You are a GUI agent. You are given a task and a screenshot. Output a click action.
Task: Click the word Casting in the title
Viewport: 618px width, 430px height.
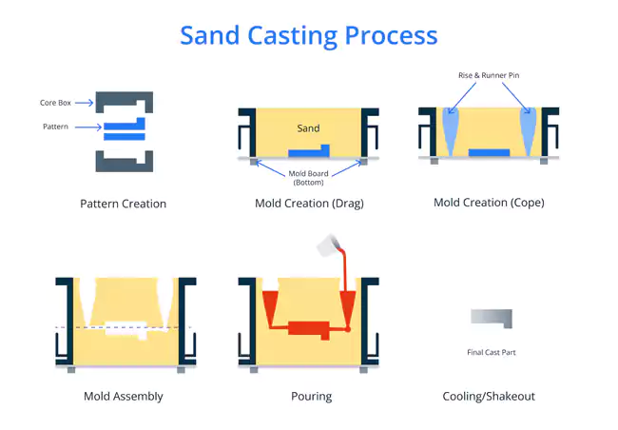click(x=293, y=36)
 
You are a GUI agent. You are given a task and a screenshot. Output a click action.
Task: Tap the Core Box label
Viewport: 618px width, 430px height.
click(x=55, y=103)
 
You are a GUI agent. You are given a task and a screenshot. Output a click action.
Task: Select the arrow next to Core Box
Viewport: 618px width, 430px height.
click(x=85, y=103)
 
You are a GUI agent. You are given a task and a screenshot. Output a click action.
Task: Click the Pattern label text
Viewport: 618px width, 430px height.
click(x=55, y=127)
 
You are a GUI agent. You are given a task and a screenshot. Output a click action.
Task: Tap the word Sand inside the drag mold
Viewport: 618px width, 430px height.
click(x=308, y=128)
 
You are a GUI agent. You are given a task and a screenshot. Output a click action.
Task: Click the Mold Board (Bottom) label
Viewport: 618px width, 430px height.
click(x=308, y=178)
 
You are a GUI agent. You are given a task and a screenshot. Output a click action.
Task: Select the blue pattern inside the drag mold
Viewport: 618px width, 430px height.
click(x=309, y=151)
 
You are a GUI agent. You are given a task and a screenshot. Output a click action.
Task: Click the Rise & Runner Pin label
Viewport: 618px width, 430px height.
click(x=489, y=75)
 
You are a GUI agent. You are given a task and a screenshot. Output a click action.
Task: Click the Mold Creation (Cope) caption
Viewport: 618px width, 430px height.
click(x=489, y=203)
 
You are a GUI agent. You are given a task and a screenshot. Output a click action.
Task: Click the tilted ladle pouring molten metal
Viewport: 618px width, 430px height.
click(x=328, y=244)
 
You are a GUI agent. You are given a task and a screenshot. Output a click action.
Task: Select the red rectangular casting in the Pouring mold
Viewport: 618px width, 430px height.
click(x=309, y=329)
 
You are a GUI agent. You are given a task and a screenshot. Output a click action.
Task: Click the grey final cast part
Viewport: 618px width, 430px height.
click(x=492, y=318)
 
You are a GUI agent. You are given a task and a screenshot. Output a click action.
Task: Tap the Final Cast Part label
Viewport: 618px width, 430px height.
click(x=492, y=352)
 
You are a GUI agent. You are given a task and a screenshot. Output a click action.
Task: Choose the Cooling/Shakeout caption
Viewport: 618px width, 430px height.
click(x=489, y=396)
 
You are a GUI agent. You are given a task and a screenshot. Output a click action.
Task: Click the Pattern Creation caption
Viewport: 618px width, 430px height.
click(x=123, y=204)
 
